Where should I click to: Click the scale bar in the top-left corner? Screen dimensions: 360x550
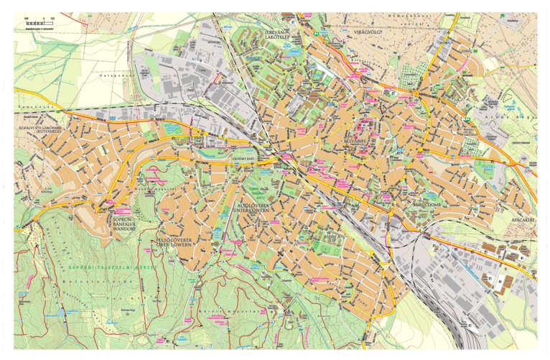click(40, 24)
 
